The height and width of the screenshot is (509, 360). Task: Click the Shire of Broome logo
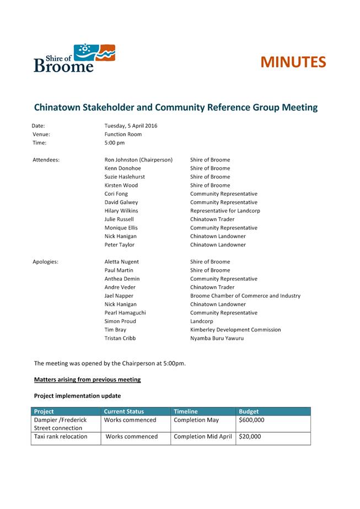pos(74,58)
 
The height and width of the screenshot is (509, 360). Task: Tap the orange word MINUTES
pos(293,62)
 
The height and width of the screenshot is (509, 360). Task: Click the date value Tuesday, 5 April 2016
pos(131,126)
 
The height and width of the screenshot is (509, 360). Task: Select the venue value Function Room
pos(123,134)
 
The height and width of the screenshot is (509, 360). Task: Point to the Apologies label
pos(46,262)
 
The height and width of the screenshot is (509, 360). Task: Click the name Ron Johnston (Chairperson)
pos(138,160)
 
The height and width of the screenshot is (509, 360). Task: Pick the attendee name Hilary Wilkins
pos(121,211)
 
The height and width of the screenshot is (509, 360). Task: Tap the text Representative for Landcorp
pos(225,211)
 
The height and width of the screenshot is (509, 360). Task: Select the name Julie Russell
pos(119,219)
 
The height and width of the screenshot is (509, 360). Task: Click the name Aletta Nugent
pos(122,262)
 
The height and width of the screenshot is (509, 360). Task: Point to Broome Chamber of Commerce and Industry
pos(245,296)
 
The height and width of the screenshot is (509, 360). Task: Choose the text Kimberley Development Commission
pos(235,330)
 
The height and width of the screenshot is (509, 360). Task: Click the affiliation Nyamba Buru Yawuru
pos(217,338)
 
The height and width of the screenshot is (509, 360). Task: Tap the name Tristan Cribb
pos(120,338)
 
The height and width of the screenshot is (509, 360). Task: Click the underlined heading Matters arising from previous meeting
pos(87,379)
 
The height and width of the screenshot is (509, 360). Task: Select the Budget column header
pos(249,411)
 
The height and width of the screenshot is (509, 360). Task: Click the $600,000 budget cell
pos(251,420)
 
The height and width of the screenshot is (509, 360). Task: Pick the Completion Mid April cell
pos(202,437)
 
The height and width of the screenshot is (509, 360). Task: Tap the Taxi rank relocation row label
pos(61,437)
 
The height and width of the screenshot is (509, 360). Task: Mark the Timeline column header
pos(186,411)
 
